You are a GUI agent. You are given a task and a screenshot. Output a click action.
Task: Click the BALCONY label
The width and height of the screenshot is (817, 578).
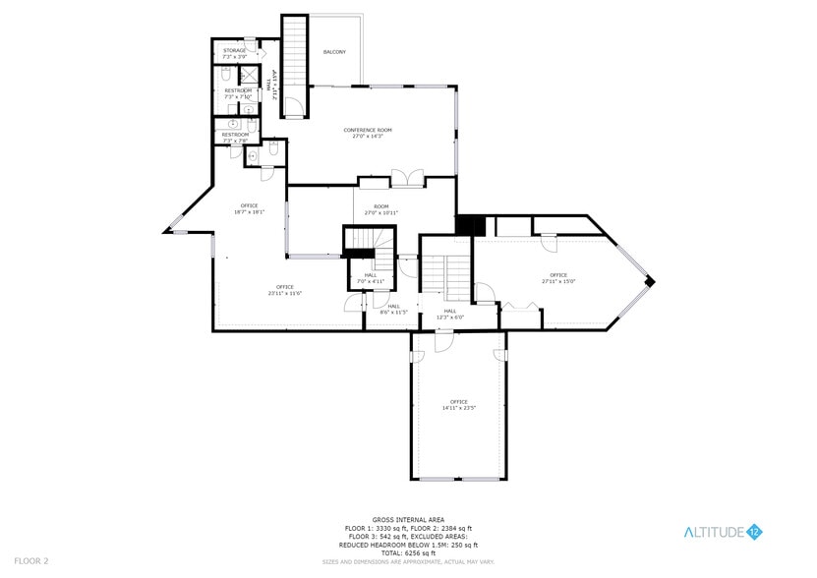(x=334, y=52)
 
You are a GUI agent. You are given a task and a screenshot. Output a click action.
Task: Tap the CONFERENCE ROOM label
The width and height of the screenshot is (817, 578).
(x=368, y=133)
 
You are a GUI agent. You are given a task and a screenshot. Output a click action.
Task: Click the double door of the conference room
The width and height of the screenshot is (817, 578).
(x=406, y=178)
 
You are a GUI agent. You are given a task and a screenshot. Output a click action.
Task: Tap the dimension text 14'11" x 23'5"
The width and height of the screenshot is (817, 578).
(x=458, y=408)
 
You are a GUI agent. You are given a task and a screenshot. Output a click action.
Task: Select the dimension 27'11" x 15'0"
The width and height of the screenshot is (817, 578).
(x=557, y=281)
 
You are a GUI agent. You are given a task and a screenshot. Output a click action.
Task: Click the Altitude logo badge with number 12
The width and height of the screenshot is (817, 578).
(x=756, y=532)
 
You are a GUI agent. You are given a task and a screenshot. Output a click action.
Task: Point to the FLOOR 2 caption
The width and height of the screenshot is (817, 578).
(x=32, y=560)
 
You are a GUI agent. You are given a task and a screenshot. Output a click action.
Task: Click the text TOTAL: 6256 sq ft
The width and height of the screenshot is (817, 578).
(x=410, y=551)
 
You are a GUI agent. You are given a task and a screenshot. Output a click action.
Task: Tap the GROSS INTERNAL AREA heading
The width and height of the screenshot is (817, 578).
(x=410, y=519)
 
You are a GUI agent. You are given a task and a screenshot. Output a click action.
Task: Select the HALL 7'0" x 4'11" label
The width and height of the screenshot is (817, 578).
(x=371, y=278)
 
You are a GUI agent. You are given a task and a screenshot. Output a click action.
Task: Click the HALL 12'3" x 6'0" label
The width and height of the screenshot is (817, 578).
(x=449, y=314)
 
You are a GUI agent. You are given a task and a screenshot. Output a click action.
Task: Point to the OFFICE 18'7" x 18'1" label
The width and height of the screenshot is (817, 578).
(x=249, y=208)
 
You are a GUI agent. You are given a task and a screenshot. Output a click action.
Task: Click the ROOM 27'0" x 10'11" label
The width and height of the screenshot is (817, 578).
(x=381, y=209)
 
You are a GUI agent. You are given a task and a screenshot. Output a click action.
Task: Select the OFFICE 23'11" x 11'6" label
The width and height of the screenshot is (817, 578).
(x=285, y=290)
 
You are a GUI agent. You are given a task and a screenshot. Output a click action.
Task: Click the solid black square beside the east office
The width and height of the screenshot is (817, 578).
(x=471, y=225)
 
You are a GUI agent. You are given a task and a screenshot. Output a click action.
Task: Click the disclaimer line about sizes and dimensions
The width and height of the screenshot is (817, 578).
(x=410, y=562)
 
